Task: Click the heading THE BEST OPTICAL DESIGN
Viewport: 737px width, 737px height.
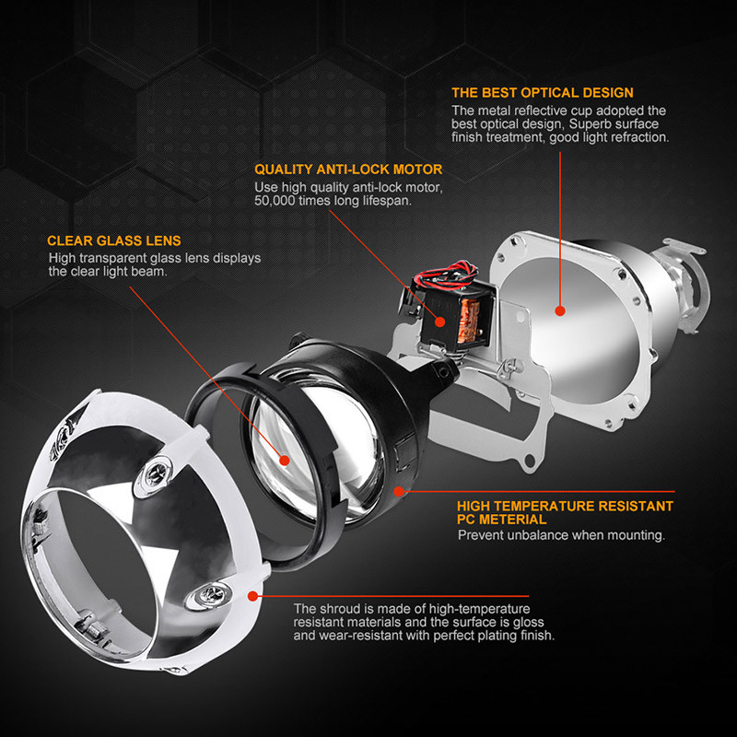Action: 543,93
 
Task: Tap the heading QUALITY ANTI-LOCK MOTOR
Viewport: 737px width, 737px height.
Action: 348,170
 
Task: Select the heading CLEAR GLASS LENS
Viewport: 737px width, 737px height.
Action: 113,240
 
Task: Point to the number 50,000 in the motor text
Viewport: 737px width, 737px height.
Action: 275,201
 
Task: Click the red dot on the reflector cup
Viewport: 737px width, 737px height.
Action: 560,310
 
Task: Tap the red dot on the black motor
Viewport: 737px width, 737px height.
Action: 440,322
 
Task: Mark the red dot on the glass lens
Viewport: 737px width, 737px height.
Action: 285,460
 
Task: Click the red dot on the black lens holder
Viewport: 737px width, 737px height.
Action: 399,492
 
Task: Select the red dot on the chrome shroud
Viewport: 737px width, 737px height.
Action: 252,596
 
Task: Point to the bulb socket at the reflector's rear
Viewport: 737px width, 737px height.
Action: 684,282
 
